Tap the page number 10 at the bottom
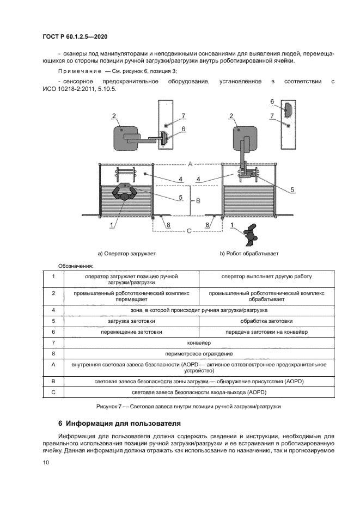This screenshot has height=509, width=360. [46, 462]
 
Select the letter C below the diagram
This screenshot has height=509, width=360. [189, 232]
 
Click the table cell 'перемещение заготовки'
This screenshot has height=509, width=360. [132, 332]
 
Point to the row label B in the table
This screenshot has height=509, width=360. [53, 382]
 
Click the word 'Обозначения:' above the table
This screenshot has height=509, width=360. [76, 266]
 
